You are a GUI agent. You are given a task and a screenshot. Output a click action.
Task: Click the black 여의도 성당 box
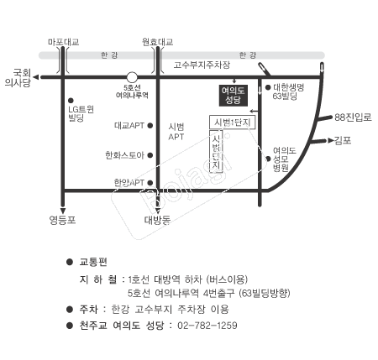coord(234,96)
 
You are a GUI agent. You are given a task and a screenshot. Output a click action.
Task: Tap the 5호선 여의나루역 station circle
coord(132,77)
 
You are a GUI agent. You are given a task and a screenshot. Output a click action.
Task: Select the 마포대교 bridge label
coord(64,42)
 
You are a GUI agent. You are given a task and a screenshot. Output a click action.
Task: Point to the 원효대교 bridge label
coord(157,42)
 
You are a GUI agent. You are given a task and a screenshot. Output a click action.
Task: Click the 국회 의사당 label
coord(18,78)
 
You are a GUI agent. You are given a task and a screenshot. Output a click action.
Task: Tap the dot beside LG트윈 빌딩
coord(71,100)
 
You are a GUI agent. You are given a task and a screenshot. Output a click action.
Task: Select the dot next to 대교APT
coord(150,126)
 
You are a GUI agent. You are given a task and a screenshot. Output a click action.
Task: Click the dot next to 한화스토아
coord(150,155)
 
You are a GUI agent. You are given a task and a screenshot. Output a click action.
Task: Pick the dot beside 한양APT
coord(150,183)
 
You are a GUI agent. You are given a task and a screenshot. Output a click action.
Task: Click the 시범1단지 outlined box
coord(232,123)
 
